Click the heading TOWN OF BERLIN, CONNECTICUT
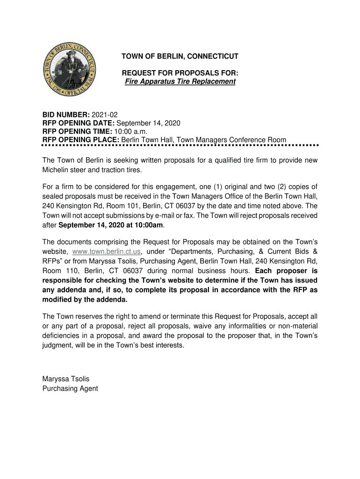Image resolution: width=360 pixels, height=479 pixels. click(180, 57)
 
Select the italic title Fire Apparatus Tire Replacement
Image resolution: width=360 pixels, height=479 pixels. click(180, 82)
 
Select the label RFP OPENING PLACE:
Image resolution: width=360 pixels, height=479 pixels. click(81, 140)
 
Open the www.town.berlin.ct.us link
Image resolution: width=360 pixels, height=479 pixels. click(107, 251)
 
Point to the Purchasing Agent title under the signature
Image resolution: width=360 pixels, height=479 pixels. click(70, 388)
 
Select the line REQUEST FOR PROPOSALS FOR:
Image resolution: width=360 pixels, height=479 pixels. click(180, 73)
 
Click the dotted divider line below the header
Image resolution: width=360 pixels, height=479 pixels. click(180, 145)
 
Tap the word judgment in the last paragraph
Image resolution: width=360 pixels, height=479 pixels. click(58, 346)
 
